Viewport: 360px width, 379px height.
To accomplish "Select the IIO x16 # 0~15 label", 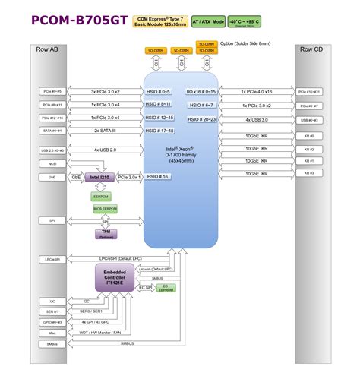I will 201,92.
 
